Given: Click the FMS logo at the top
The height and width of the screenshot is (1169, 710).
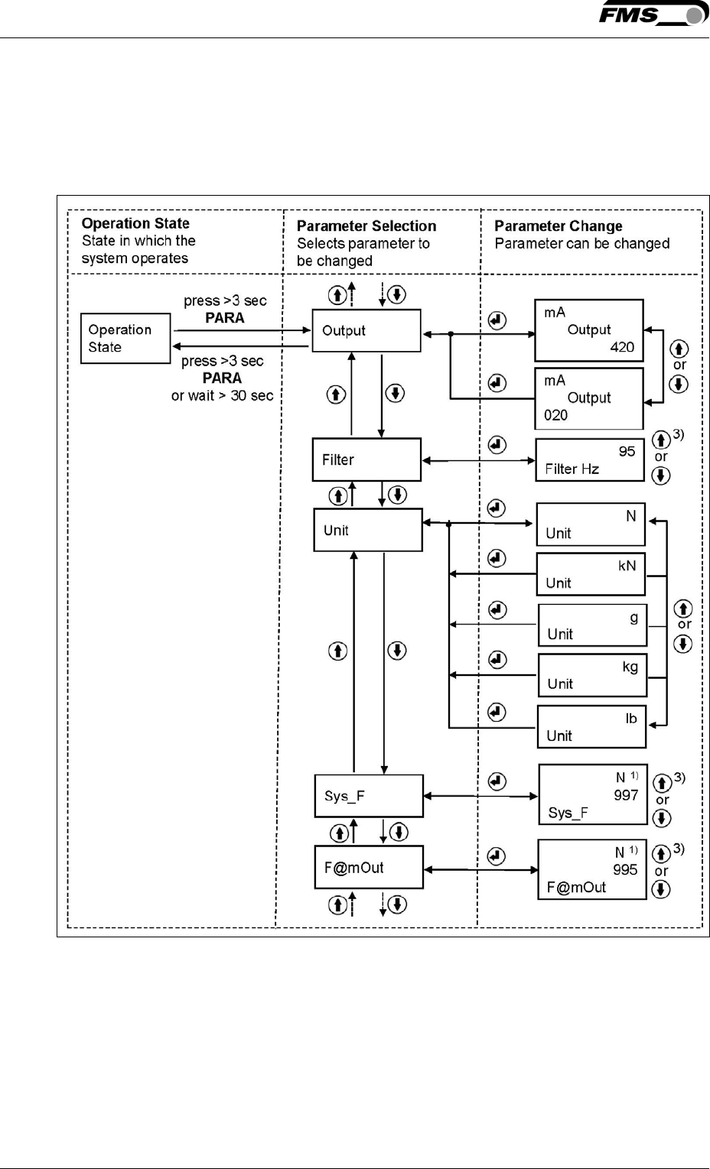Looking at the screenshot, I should (653, 15).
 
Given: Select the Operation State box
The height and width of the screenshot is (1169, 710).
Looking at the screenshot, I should (125, 338).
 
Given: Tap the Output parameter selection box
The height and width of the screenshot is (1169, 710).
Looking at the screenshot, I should (366, 330).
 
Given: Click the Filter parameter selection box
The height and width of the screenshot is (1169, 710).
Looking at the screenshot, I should (366, 459).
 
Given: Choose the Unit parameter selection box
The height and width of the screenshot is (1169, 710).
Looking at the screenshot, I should (367, 530).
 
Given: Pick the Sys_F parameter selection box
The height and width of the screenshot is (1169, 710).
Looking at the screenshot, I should (368, 796).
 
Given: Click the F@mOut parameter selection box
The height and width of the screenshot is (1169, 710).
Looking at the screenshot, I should (368, 867).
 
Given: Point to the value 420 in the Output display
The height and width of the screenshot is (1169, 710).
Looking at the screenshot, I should (621, 347).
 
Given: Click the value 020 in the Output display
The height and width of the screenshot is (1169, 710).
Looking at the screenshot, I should (556, 415).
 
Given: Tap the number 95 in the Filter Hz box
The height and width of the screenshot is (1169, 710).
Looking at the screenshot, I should (627, 451).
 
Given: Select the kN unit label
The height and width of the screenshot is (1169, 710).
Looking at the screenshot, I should (627, 566).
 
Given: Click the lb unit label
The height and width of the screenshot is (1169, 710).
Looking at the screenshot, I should (630, 718).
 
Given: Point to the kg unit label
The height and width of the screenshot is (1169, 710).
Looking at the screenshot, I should (630, 667).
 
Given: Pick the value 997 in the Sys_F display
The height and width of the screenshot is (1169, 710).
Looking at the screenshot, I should (625, 795).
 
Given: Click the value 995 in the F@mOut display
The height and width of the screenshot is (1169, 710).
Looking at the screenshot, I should (624, 869).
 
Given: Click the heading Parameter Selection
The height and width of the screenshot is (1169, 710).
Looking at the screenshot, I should (366, 226).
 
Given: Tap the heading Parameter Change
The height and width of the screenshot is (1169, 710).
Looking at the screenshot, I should (558, 226).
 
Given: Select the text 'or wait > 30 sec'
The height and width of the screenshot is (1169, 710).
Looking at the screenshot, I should (222, 395).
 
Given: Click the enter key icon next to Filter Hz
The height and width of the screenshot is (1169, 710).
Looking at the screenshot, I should (497, 444).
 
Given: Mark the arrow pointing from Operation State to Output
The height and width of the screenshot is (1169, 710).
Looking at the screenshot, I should (242, 330).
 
